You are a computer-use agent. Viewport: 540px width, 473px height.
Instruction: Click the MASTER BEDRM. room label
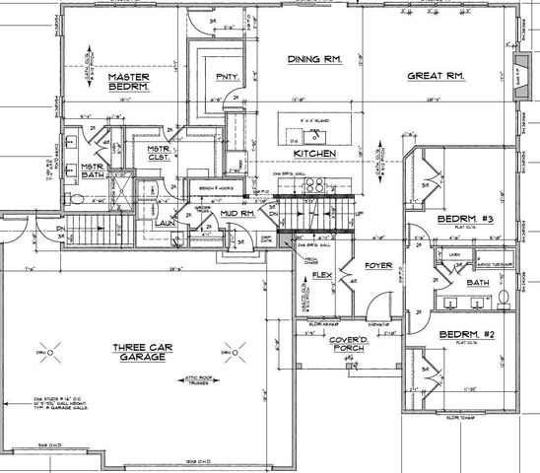(127, 82)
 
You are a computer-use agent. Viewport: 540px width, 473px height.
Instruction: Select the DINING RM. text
(314, 60)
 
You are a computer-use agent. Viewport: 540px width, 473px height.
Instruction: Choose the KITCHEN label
(315, 154)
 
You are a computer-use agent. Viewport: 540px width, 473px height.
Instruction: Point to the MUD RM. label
(236, 212)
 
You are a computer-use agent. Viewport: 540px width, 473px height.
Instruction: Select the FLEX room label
(320, 276)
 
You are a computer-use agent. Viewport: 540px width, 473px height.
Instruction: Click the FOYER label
(378, 265)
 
